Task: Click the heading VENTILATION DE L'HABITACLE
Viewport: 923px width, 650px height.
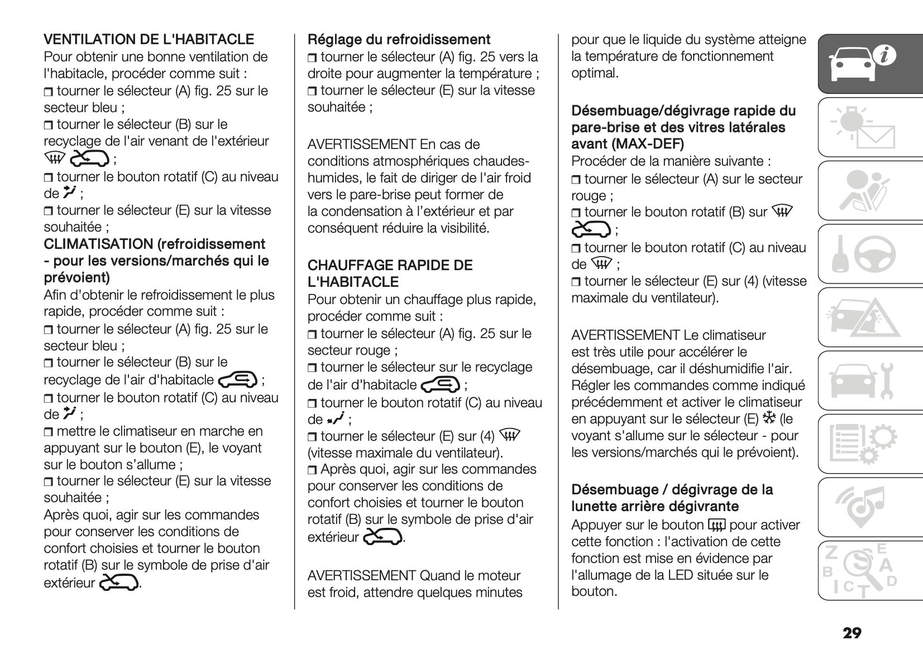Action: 149,40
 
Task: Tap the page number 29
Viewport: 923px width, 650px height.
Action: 852,633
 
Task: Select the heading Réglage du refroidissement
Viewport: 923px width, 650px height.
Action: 399,40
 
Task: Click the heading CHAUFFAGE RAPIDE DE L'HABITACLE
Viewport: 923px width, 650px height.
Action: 390,273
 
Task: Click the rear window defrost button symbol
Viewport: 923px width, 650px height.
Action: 716,525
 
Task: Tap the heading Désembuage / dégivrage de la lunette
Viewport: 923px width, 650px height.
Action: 672,498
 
